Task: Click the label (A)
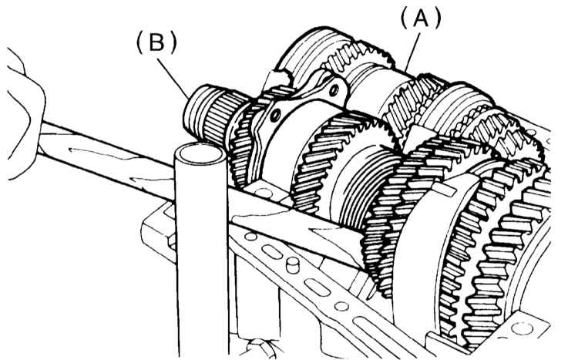click(x=421, y=19)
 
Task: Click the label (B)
click(x=156, y=42)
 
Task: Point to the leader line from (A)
click(x=413, y=52)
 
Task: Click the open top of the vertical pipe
click(x=200, y=154)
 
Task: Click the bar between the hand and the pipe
click(x=106, y=158)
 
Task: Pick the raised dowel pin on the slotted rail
click(x=293, y=265)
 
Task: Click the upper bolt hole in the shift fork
click(x=334, y=89)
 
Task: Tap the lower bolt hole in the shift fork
click(x=274, y=116)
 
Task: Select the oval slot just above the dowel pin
click(x=272, y=252)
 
